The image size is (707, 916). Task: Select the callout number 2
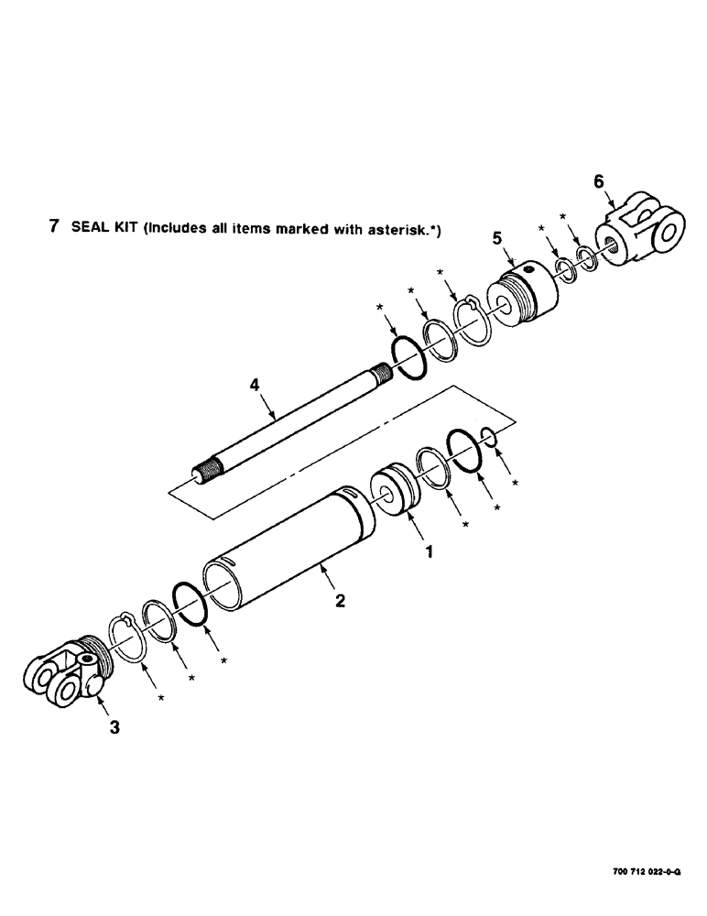[340, 601]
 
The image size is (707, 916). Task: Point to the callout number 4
[256, 388]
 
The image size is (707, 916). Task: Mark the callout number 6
[598, 181]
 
